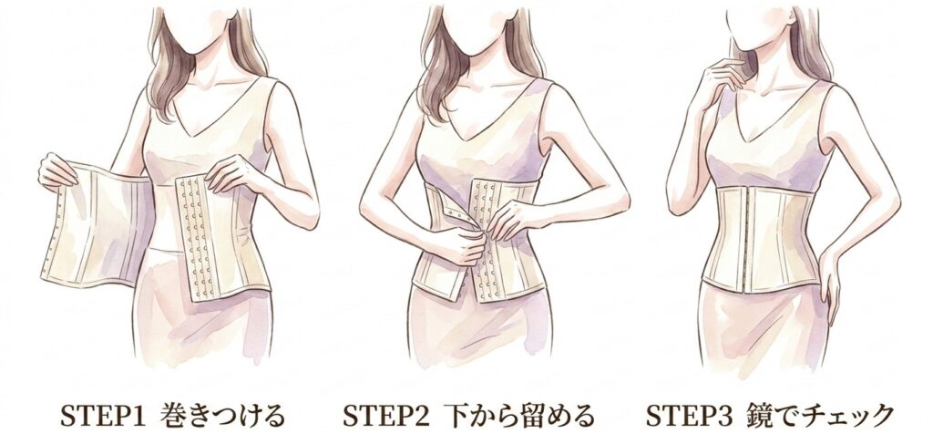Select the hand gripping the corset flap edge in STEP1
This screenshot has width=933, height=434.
pyautogui.click(x=56, y=170)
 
